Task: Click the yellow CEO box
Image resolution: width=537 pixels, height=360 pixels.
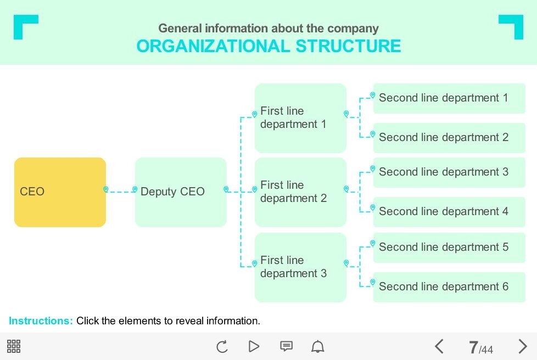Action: tap(60, 192)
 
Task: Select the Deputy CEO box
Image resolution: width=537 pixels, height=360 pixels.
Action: tap(181, 192)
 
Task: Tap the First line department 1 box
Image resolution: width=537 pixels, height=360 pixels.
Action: tap(300, 118)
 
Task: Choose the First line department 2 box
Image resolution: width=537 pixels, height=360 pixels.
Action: tap(300, 192)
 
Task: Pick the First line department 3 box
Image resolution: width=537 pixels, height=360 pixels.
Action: tap(300, 267)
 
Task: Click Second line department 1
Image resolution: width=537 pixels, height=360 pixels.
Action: tap(449, 98)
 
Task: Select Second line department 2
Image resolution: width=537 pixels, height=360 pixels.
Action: tap(449, 138)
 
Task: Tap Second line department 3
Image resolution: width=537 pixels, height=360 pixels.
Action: tap(449, 172)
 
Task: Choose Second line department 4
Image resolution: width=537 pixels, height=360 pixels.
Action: tap(449, 212)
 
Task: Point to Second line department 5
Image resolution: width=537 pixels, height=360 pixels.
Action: tap(449, 248)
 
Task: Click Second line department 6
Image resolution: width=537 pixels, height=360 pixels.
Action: tap(449, 287)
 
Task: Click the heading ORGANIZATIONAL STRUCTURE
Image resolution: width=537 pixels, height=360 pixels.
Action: tap(268, 46)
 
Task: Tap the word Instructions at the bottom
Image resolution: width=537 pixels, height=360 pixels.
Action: tap(41, 321)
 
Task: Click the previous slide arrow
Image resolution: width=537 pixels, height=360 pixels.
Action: tap(439, 346)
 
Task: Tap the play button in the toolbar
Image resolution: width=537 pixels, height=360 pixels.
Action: tap(254, 346)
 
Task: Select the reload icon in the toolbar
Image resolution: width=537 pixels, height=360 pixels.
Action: tap(222, 346)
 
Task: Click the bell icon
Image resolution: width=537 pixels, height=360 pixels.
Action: tap(318, 346)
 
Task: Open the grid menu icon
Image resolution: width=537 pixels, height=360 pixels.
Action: tap(14, 346)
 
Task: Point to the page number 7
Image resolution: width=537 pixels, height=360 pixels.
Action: tap(473, 347)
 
